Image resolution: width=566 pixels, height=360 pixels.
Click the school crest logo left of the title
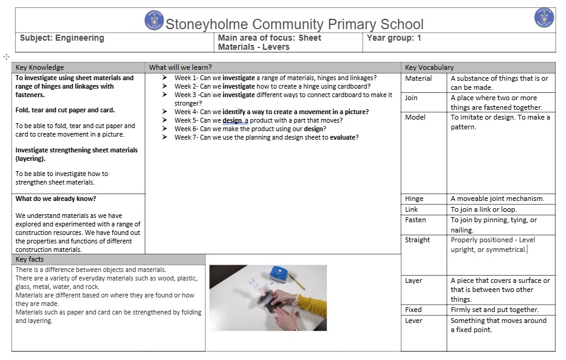click(154, 20)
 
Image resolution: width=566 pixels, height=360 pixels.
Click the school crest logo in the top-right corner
click(544, 18)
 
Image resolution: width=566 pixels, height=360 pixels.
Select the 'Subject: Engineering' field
click(62, 38)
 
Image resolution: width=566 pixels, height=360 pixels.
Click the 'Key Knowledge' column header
click(39, 67)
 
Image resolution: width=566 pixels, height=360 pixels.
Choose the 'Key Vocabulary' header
click(429, 67)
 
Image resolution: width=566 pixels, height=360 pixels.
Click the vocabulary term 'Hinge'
click(415, 199)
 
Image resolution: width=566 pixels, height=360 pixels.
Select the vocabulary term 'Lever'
click(414, 321)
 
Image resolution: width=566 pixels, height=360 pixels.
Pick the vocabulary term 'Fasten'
click(415, 220)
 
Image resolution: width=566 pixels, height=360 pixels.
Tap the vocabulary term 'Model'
click(415, 117)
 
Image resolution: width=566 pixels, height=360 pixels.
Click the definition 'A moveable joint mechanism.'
click(497, 199)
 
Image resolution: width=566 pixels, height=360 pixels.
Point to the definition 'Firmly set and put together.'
click(494, 310)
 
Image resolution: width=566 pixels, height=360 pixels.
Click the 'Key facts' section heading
click(29, 259)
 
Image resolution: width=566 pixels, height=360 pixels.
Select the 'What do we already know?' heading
click(56, 199)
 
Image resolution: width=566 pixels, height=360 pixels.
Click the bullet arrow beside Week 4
click(165, 112)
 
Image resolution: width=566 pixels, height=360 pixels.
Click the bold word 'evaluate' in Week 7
click(344, 137)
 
